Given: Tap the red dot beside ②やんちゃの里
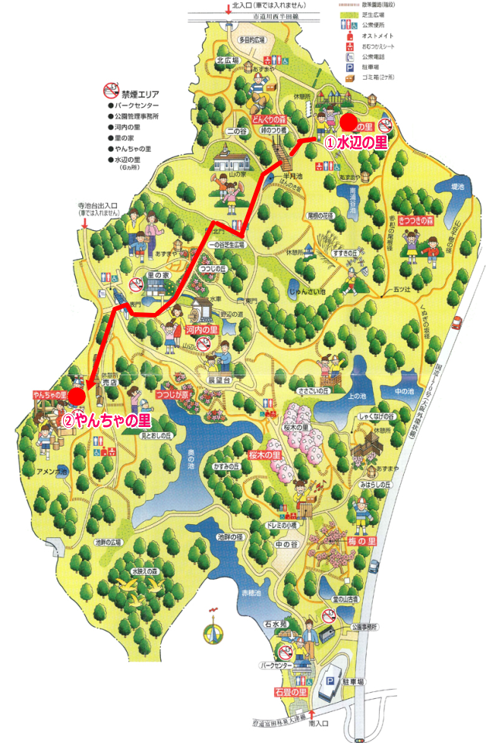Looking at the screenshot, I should [77, 396].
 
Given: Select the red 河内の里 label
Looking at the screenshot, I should [202, 330].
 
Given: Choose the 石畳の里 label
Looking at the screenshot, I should [290, 692].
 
